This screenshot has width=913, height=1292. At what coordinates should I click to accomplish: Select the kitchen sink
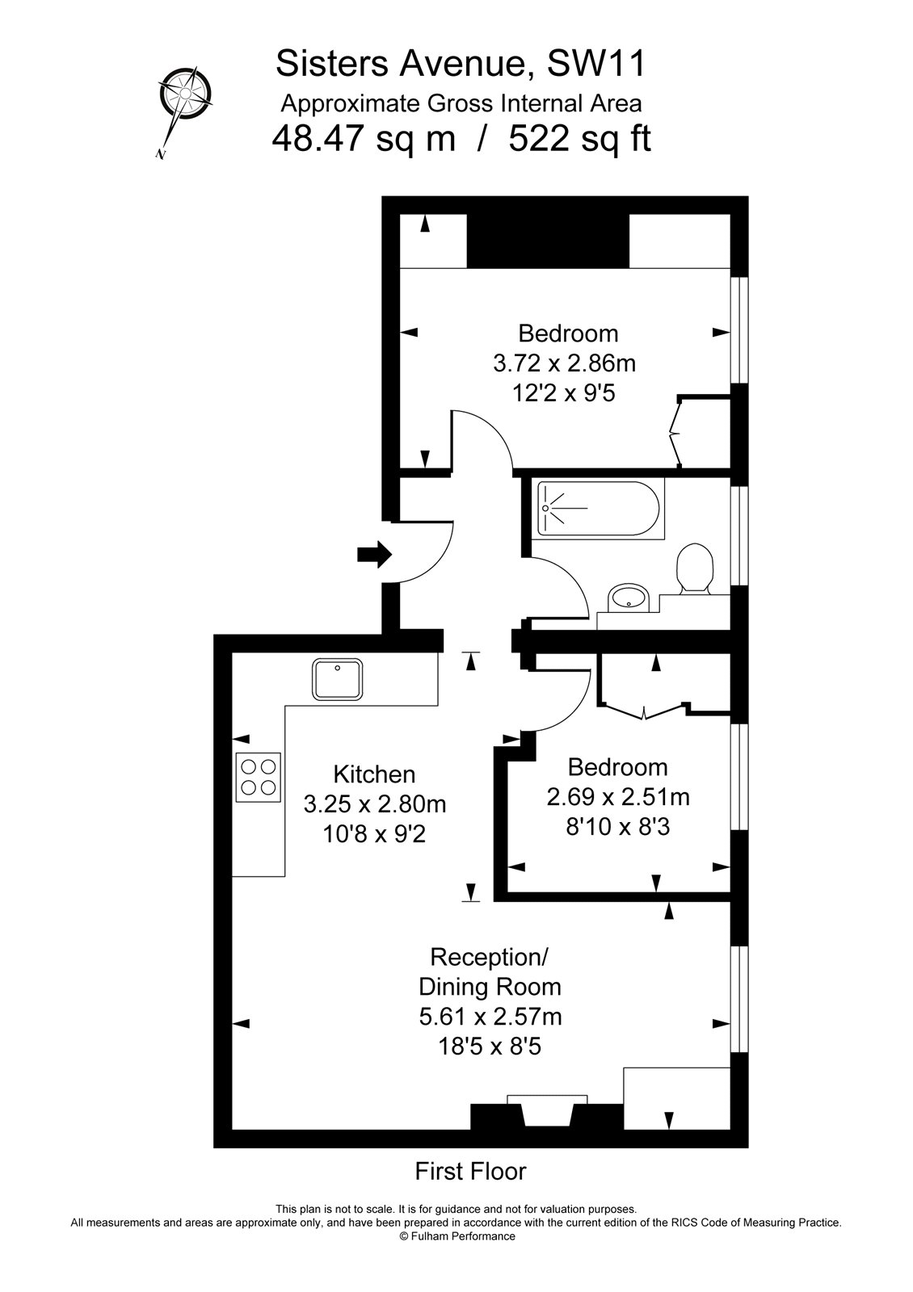(x=339, y=680)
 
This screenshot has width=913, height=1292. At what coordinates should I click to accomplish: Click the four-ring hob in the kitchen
(x=259, y=777)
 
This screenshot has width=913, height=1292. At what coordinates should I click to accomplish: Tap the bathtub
(x=599, y=510)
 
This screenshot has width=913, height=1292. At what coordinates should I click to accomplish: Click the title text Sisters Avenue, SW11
(x=461, y=63)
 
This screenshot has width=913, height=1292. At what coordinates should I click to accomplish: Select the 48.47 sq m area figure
(x=364, y=139)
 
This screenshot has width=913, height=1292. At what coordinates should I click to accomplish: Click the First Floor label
(x=470, y=1171)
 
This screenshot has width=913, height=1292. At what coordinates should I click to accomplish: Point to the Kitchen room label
(x=374, y=774)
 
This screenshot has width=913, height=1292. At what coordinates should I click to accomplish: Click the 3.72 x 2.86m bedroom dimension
(x=564, y=363)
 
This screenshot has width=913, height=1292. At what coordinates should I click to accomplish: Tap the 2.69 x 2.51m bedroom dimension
(x=618, y=798)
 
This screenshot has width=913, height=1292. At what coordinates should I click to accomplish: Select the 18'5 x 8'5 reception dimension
(x=490, y=1047)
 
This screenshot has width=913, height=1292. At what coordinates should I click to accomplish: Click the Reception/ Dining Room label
(x=490, y=972)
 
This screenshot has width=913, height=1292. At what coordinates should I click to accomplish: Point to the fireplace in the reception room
(x=547, y=1112)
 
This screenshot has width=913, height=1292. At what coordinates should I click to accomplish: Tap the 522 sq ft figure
(x=579, y=139)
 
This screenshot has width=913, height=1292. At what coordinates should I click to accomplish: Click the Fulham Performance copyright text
(x=456, y=1236)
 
